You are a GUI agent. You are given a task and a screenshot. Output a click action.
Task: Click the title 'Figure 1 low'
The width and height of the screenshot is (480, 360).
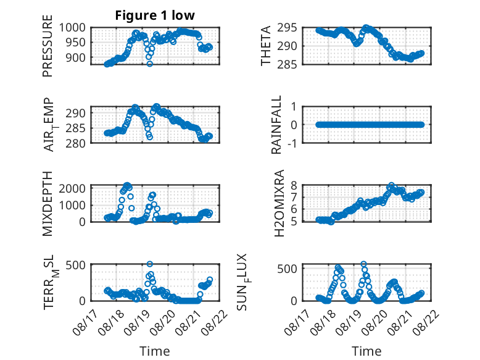(x=155, y=15)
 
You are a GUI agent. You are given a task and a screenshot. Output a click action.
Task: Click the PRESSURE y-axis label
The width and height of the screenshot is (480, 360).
(x=48, y=46)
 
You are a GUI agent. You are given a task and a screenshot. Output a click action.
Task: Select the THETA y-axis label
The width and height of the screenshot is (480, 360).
(x=266, y=46)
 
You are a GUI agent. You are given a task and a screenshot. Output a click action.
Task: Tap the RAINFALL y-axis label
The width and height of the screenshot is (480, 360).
(x=276, y=125)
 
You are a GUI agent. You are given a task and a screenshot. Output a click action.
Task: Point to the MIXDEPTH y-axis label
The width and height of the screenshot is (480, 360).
(x=48, y=204)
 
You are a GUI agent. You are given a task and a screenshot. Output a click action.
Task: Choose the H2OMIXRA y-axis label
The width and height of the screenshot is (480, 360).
(x=279, y=203)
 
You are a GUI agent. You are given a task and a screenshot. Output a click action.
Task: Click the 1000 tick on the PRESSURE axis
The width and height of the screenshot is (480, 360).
(x=72, y=28)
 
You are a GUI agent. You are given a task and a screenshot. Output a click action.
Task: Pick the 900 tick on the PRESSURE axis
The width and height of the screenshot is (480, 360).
(x=75, y=57)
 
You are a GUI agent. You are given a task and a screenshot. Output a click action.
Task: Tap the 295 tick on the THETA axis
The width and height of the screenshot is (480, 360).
(x=287, y=28)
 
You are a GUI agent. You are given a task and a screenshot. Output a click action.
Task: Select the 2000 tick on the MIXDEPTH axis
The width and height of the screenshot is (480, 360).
(x=72, y=188)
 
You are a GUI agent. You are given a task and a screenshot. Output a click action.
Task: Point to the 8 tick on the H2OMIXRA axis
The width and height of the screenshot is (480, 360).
(x=294, y=185)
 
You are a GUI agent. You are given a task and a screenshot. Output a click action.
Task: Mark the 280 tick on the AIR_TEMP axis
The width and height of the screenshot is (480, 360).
(x=75, y=143)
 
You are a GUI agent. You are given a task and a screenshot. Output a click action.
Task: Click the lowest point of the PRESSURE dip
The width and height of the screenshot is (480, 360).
(x=150, y=64)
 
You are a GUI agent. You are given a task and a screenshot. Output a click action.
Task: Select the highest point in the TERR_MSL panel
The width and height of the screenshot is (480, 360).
(x=150, y=264)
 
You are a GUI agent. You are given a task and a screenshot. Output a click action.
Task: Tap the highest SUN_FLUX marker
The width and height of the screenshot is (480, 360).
(x=363, y=264)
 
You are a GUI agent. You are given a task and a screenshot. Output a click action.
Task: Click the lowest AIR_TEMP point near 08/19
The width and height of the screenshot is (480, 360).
(x=150, y=137)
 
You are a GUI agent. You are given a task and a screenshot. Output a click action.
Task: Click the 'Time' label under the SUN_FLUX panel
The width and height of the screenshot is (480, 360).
(x=366, y=351)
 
